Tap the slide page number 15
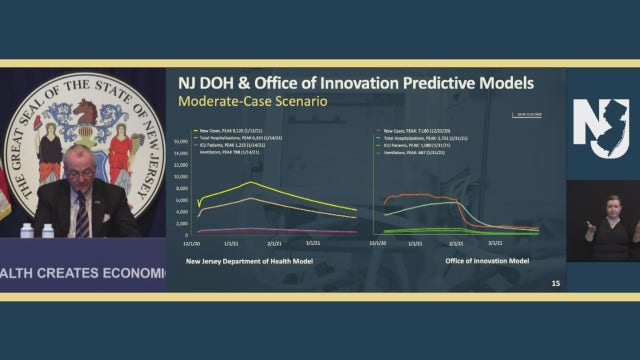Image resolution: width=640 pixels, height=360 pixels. [556, 285]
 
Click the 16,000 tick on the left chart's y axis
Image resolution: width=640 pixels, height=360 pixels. [181, 141]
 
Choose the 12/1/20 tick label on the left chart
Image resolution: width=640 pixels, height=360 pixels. [190, 243]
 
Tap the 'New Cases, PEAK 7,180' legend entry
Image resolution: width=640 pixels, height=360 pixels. [420, 130]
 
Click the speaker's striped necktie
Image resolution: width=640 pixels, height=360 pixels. [82, 213]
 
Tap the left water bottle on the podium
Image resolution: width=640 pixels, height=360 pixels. [27, 230]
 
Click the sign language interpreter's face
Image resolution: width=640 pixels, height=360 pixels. [610, 208]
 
